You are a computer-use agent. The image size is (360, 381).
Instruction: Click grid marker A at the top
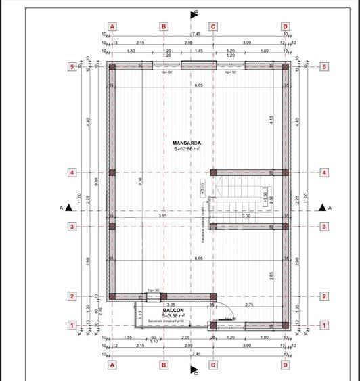[112, 26]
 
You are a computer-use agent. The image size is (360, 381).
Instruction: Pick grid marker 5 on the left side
[71, 67]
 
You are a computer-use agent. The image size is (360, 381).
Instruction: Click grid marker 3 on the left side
[71, 227]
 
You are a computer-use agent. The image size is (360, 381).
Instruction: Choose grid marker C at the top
[213, 26]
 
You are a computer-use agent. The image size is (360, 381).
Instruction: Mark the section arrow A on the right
[323, 208]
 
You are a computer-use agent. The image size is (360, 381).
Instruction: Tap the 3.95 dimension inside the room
[162, 215]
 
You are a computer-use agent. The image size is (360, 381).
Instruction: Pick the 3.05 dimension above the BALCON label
[171, 305]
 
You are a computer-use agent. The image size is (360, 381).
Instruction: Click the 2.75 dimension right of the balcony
[248, 305]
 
